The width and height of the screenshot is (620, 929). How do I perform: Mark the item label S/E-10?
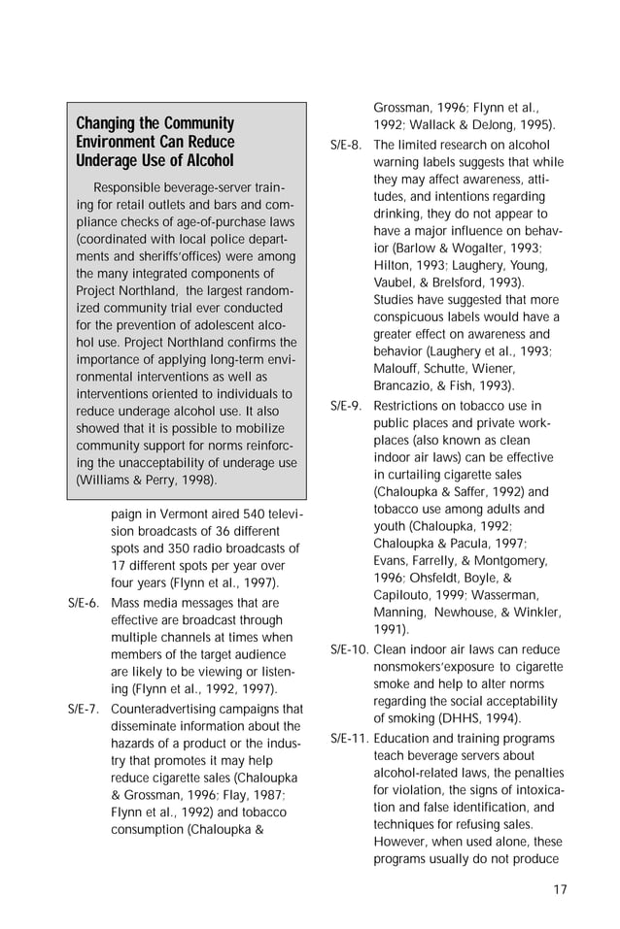(x=349, y=649)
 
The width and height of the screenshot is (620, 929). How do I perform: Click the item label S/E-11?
(x=349, y=739)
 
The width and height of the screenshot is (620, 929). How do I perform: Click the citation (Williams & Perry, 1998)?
(x=147, y=481)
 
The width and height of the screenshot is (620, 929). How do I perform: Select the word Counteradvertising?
(x=167, y=709)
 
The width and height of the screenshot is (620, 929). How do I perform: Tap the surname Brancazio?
(x=406, y=385)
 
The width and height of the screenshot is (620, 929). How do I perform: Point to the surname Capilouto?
(x=408, y=594)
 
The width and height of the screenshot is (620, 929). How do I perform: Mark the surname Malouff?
(x=399, y=368)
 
